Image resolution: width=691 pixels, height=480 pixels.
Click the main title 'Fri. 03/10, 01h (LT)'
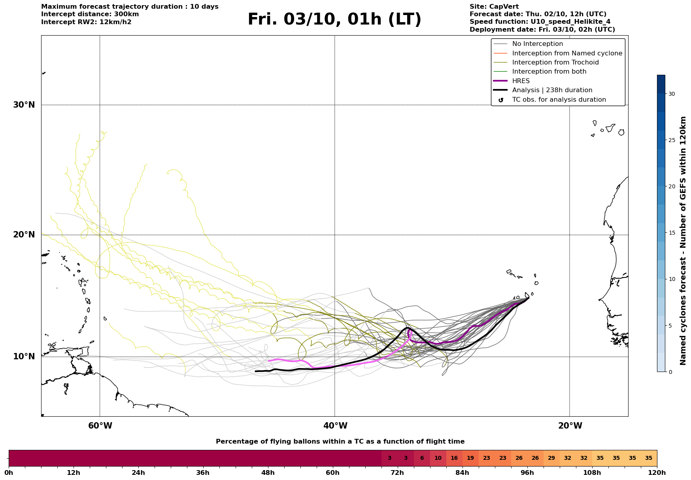(x=334, y=19)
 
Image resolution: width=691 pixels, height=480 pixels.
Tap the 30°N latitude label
(x=24, y=105)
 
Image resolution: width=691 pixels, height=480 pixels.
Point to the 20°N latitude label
(x=24, y=235)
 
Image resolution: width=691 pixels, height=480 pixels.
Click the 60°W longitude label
(x=100, y=426)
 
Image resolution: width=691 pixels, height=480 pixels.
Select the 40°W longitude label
(x=335, y=426)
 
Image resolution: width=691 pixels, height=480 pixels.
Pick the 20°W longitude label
(x=570, y=426)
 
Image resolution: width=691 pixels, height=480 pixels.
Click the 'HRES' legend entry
(x=521, y=81)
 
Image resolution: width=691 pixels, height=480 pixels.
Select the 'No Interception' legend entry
(x=537, y=44)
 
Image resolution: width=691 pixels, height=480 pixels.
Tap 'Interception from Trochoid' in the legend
(x=555, y=63)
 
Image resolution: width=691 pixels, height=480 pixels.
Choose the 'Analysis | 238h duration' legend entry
(x=552, y=90)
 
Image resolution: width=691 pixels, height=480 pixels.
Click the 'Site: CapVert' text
(x=494, y=7)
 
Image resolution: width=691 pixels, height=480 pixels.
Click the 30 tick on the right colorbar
(x=672, y=94)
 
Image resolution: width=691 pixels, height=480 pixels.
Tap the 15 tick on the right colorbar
(x=672, y=233)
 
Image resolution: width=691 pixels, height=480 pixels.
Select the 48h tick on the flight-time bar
(x=268, y=472)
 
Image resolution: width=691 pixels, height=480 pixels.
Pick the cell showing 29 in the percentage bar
(x=551, y=458)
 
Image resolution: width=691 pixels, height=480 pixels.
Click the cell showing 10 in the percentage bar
(x=438, y=458)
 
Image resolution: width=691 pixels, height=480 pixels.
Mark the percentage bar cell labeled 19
(x=470, y=458)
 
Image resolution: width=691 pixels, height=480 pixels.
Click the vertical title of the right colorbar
(x=683, y=241)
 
